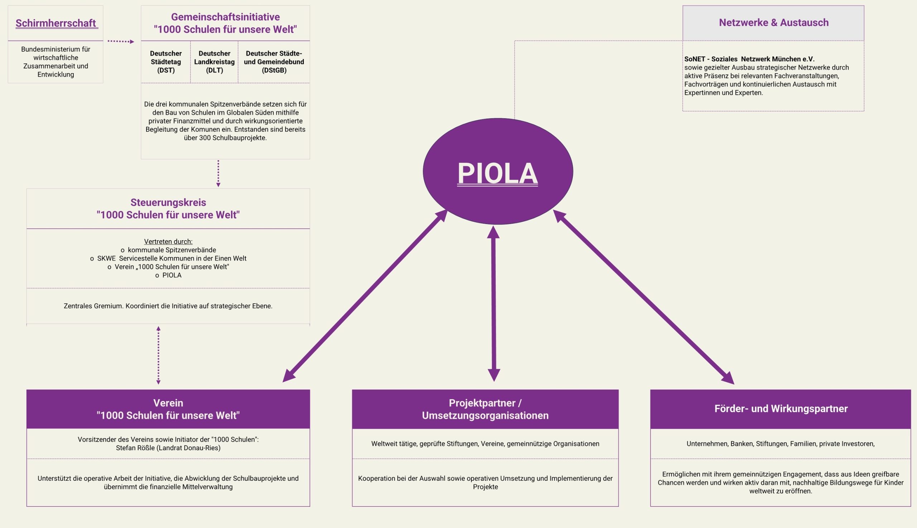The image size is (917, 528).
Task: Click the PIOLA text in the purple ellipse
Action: click(498, 173)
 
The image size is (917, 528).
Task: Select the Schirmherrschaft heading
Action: click(56, 23)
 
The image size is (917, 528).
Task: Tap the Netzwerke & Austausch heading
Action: click(773, 23)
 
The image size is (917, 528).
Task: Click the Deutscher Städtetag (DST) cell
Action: click(166, 62)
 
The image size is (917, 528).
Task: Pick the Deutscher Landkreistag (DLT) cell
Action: click(214, 62)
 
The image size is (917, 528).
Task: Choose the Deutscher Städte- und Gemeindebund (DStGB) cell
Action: click(274, 62)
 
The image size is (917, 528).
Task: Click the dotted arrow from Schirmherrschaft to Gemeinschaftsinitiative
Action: click(121, 41)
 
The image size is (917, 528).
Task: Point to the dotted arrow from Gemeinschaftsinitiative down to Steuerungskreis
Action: click(218, 173)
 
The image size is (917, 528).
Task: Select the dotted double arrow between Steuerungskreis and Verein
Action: click(158, 355)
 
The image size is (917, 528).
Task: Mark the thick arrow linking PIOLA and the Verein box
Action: click(365, 296)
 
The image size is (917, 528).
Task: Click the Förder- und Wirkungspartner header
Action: click(781, 409)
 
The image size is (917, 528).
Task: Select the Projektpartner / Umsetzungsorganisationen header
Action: click(485, 409)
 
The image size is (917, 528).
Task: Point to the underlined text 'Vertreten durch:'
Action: click(168, 242)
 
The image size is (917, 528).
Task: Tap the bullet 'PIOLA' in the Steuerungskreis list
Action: click(172, 275)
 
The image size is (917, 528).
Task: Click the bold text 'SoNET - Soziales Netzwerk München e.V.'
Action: click(749, 59)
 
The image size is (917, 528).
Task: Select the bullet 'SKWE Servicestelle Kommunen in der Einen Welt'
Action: click(171, 258)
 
